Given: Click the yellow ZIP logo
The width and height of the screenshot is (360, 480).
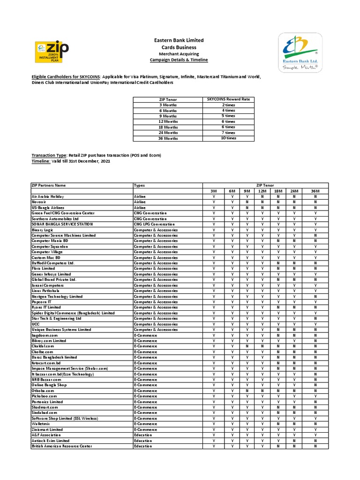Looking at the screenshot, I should click(x=52, y=51).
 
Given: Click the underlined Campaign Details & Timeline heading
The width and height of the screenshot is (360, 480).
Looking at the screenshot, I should click(x=179, y=60).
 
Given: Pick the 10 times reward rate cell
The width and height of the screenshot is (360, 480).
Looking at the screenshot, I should click(x=228, y=138).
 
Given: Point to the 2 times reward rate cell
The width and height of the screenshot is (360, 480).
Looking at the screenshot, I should click(x=228, y=105).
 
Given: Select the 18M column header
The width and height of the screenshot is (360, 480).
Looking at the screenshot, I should click(x=277, y=191).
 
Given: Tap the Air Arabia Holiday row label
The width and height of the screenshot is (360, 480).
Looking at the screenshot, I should click(x=47, y=196).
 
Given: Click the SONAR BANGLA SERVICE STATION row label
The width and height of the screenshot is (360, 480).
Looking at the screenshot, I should click(x=62, y=224).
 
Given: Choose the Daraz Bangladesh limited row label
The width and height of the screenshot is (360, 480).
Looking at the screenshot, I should click(x=54, y=357).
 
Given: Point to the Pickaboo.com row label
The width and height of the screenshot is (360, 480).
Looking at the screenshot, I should click(x=44, y=396).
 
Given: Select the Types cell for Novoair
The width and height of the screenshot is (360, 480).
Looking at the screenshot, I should click(x=140, y=202).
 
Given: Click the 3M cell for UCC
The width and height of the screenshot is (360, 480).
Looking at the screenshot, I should click(x=214, y=324).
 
